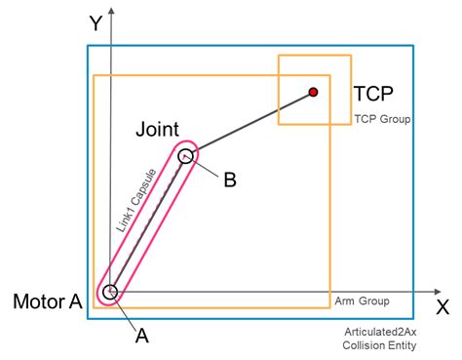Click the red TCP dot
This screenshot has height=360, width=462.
[313, 92]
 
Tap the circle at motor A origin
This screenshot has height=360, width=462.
[110, 291]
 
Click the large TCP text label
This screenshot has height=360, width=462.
[375, 94]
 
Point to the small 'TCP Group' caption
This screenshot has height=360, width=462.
[381, 119]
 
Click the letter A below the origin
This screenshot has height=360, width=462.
[141, 336]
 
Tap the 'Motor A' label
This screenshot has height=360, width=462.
[46, 301]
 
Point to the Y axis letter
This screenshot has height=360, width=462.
[96, 23]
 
